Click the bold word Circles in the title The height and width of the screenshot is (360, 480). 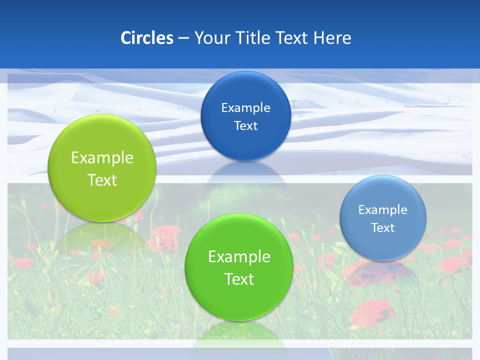(x=146, y=38)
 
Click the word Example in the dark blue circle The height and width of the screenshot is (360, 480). (x=245, y=108)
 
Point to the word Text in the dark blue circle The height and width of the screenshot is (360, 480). (x=245, y=126)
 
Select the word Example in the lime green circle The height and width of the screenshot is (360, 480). (x=102, y=158)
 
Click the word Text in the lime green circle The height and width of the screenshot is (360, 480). (x=102, y=180)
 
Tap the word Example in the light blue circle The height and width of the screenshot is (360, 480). (x=382, y=210)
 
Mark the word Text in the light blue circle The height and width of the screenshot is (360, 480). (x=382, y=228)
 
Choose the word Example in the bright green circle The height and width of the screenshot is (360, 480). (x=239, y=257)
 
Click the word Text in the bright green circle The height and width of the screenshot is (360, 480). (x=239, y=279)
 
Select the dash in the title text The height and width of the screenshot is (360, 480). (x=183, y=38)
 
